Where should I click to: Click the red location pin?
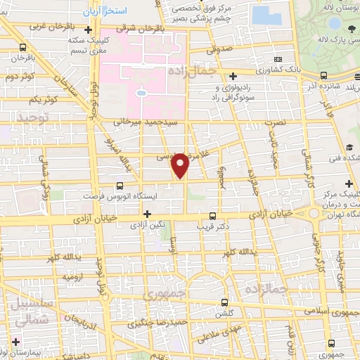181,165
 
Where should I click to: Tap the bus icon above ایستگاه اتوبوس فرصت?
120,186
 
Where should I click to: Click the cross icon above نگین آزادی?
147,214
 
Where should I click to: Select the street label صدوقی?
219,51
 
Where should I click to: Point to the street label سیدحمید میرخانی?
138,121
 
